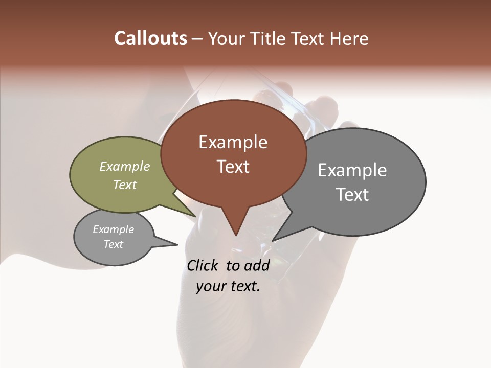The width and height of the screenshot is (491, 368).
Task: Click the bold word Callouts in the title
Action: (150, 38)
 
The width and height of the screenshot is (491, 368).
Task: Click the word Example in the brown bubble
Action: (233, 142)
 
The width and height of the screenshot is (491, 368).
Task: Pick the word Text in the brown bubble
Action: (233, 167)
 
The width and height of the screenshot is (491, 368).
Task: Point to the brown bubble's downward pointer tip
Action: (236, 235)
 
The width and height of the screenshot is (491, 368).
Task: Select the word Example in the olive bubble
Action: (125, 166)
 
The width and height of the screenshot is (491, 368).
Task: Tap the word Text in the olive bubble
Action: (125, 185)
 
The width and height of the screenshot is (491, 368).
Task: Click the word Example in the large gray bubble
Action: (352, 170)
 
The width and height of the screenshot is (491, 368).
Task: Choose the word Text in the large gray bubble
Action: (352, 195)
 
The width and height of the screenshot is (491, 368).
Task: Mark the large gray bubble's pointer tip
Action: (272, 241)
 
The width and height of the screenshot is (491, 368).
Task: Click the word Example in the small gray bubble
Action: (113, 229)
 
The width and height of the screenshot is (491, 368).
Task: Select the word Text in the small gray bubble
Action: (113, 244)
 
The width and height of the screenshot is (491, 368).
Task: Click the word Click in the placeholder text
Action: (204, 265)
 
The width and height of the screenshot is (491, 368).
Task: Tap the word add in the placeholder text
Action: (257, 265)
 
